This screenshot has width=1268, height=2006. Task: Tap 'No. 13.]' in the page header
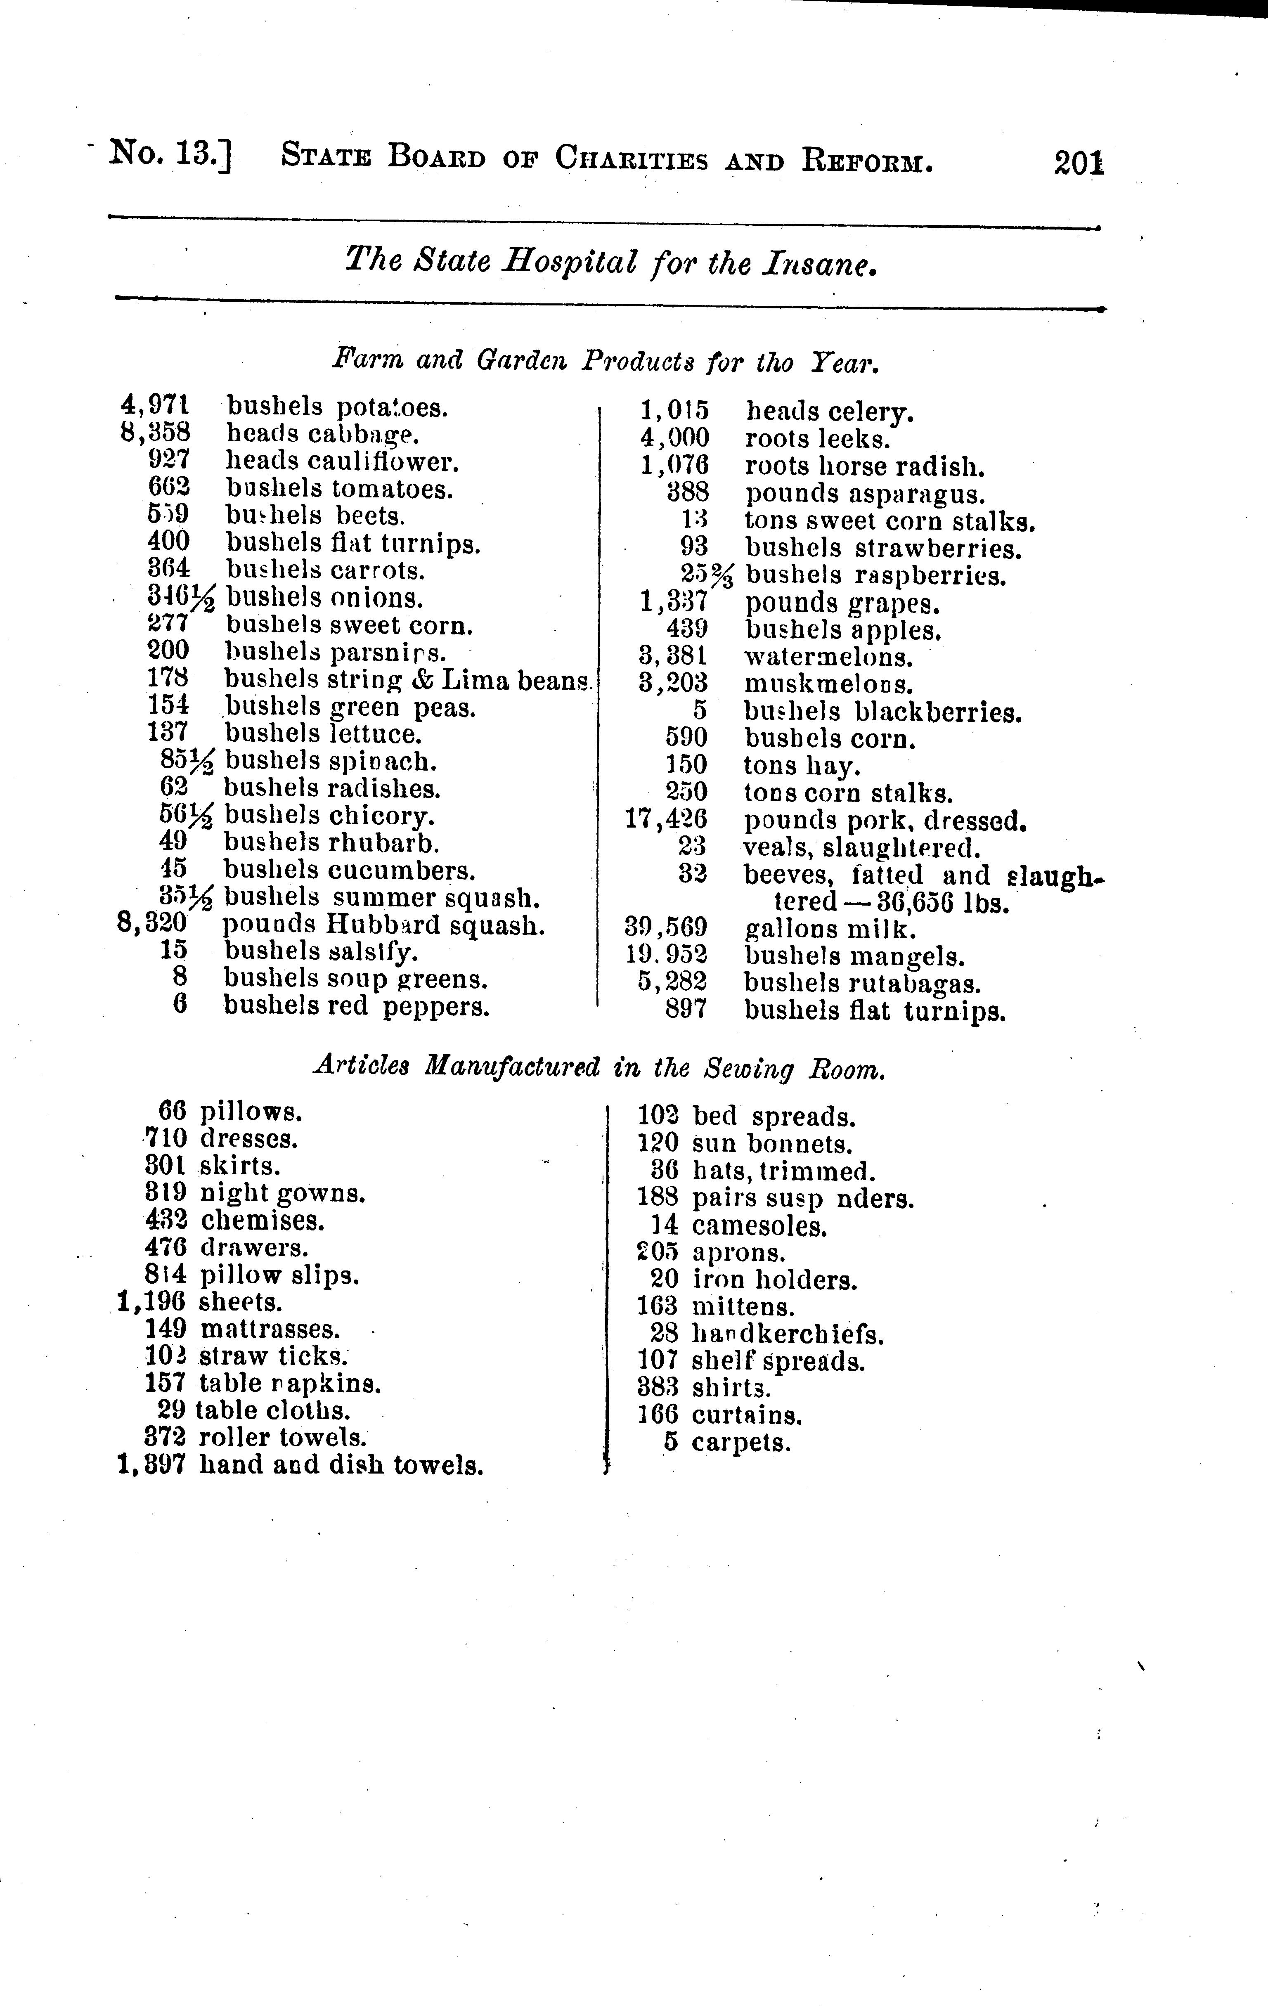coord(171,155)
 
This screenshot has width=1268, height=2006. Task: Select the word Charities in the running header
coord(632,157)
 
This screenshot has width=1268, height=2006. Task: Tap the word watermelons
coord(828,657)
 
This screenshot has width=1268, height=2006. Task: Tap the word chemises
coord(263,1221)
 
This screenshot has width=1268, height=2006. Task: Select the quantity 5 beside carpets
coord(671,1443)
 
